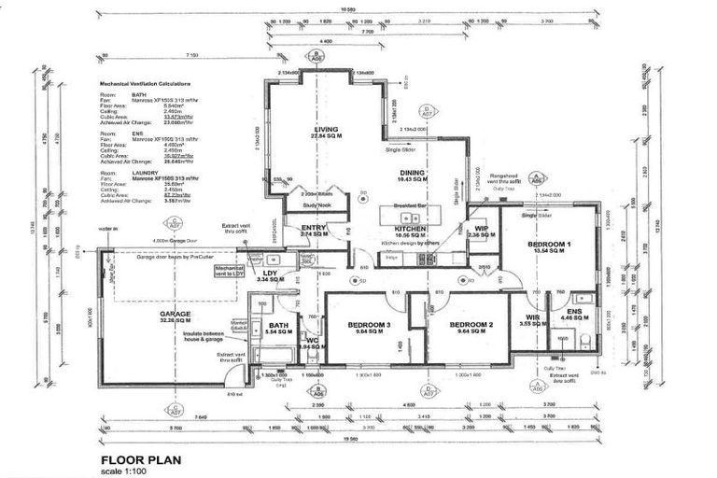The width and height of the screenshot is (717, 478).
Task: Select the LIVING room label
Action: [x=326, y=130]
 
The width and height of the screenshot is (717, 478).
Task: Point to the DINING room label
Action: [x=412, y=173]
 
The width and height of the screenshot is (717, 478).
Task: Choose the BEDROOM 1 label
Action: [x=549, y=244]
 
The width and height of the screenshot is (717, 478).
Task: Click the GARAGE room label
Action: [x=175, y=315]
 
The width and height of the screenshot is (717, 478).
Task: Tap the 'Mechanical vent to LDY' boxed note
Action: [x=230, y=270]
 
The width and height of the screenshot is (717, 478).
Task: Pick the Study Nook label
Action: [x=319, y=204]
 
